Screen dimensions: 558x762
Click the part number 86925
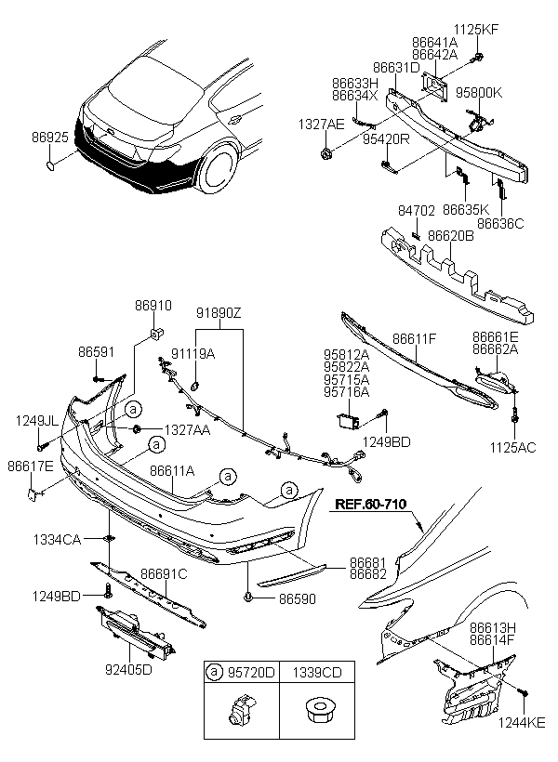point(50,138)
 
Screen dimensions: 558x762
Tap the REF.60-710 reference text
point(371,504)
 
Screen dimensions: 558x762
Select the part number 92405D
point(128,670)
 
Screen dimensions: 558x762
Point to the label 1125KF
point(476,30)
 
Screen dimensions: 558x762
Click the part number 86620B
point(450,236)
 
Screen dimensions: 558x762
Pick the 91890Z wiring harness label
point(219,313)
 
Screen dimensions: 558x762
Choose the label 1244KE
point(522,723)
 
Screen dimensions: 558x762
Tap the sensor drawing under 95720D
point(240,710)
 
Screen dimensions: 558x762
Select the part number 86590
point(298,599)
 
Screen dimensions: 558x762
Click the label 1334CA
point(57,539)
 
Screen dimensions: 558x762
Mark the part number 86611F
point(415,339)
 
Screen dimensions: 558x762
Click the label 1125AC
point(512,447)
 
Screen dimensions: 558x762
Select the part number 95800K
point(479,92)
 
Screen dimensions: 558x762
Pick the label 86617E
point(30,466)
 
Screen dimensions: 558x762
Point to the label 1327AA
point(187,429)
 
